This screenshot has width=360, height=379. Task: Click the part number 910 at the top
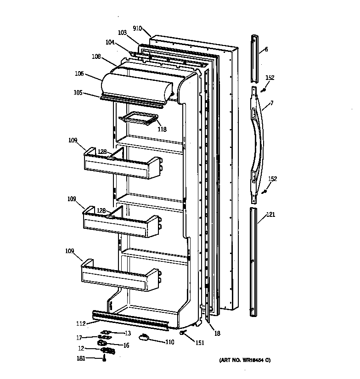click(137, 28)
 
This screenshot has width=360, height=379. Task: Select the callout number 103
click(122, 33)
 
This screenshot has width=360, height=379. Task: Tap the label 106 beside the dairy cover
click(79, 73)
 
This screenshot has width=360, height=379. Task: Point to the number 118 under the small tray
click(162, 129)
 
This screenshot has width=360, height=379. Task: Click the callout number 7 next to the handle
click(272, 103)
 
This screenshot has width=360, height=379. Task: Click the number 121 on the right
click(271, 215)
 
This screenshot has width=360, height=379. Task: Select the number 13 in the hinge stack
click(127, 333)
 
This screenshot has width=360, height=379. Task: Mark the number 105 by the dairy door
click(78, 93)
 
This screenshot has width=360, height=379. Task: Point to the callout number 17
click(79, 338)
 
